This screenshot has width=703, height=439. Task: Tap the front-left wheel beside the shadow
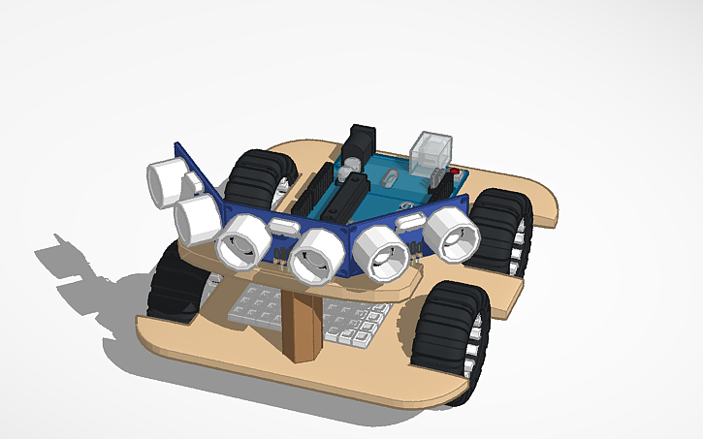[176, 281]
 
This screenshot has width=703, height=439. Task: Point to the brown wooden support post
[304, 326]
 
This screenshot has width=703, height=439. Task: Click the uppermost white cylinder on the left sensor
[166, 180]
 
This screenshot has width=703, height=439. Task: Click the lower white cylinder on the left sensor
[197, 218]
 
